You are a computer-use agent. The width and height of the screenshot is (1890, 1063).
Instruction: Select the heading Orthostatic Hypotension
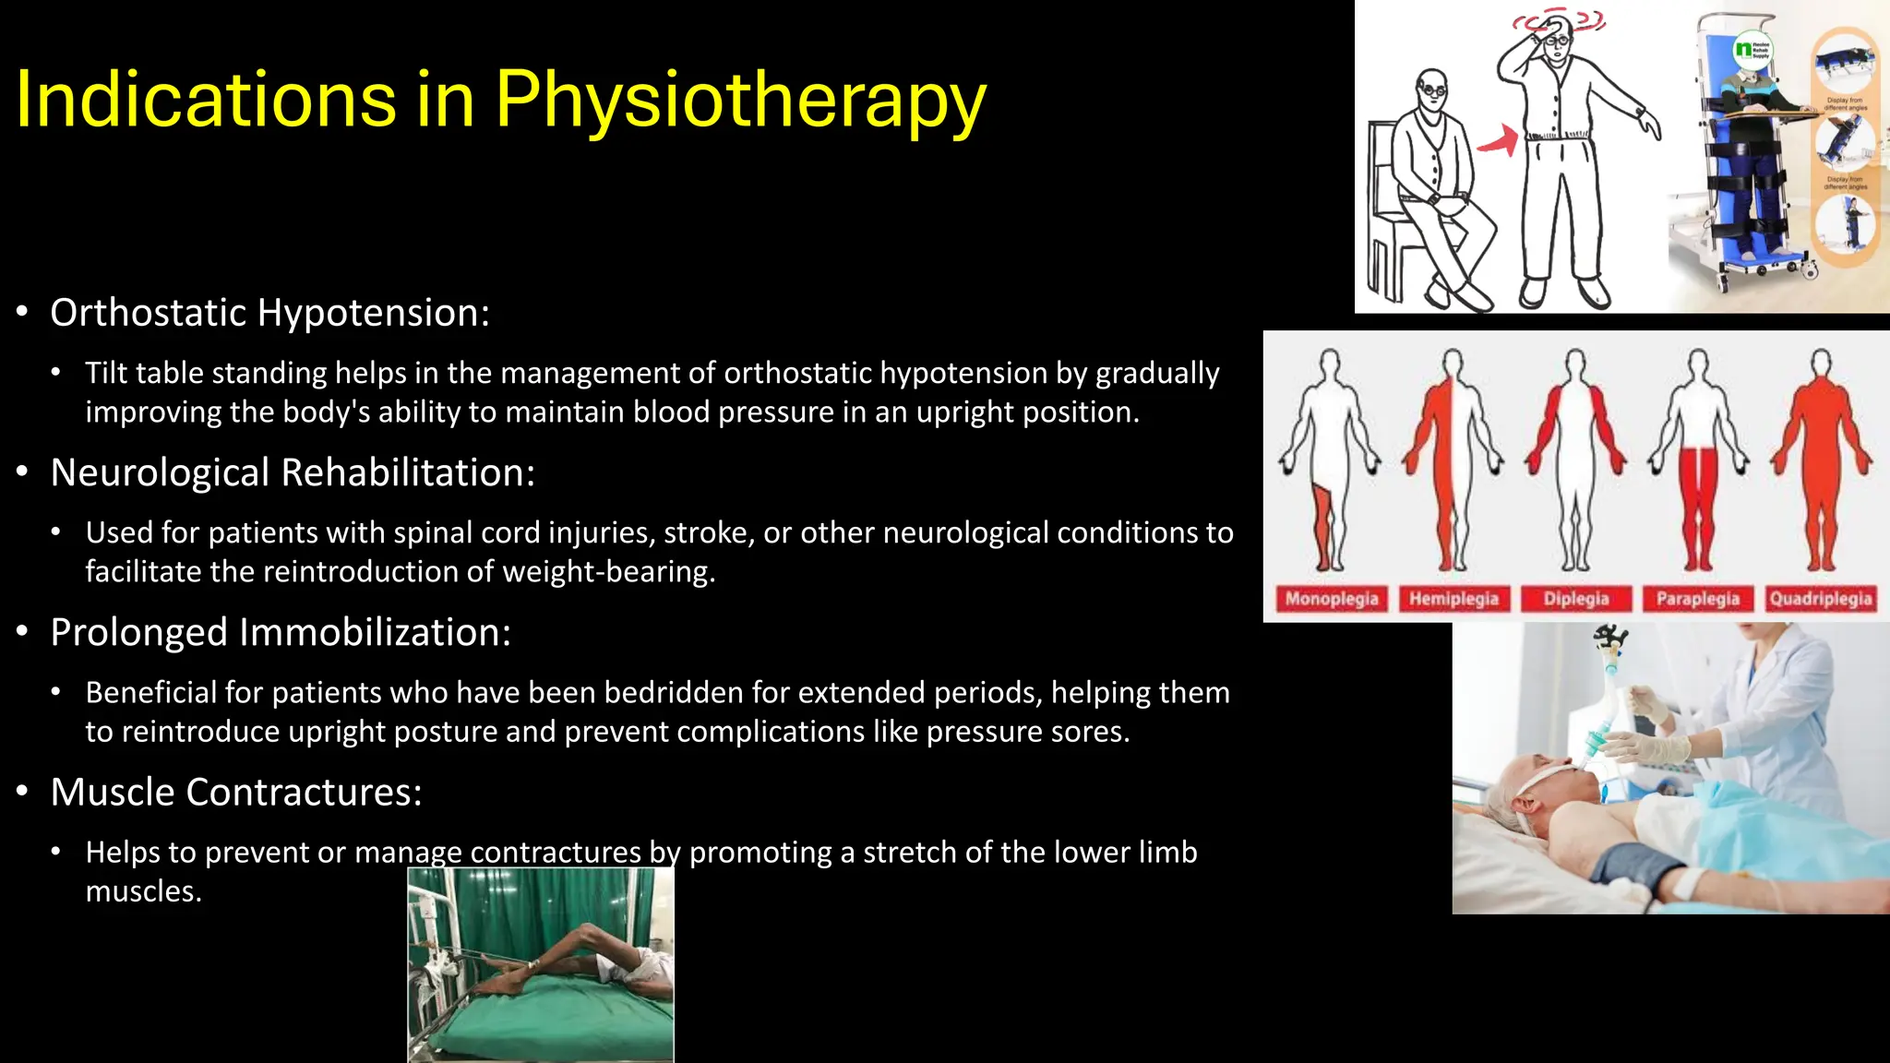(x=269, y=313)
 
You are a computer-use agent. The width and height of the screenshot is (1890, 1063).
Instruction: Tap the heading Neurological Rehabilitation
(x=293, y=472)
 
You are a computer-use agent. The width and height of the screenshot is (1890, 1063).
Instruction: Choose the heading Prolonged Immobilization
(x=281, y=632)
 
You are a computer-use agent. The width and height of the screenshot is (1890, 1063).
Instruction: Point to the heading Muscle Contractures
(x=236, y=792)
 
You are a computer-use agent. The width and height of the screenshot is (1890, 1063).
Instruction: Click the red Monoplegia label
(x=1331, y=599)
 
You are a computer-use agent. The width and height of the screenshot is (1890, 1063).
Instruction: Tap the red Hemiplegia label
(x=1453, y=599)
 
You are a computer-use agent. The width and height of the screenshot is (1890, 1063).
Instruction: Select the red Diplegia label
(x=1576, y=599)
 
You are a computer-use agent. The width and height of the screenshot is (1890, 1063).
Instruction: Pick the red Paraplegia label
(x=1698, y=599)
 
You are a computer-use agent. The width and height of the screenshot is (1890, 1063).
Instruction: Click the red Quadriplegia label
(x=1821, y=599)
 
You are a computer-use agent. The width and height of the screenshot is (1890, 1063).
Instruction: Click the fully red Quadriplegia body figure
(x=1821, y=461)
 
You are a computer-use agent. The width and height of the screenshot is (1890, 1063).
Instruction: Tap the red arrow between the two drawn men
(x=1500, y=140)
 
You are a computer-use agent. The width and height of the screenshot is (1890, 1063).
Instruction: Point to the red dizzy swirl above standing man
(x=1560, y=18)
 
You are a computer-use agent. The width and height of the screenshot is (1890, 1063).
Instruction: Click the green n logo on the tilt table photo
(x=1743, y=48)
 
